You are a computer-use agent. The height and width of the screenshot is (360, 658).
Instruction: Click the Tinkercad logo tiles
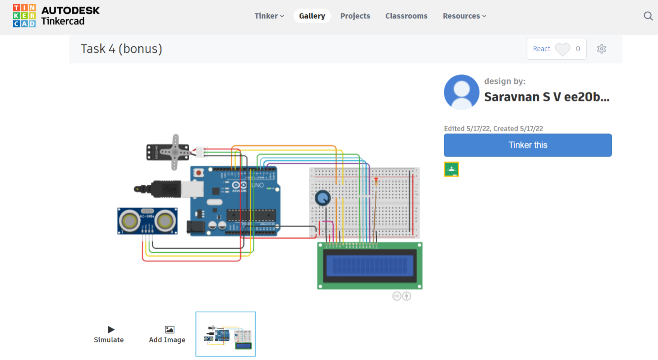point(24,16)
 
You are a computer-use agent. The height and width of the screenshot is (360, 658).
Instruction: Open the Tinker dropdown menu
point(269,16)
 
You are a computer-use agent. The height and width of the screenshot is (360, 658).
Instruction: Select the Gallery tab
point(312,16)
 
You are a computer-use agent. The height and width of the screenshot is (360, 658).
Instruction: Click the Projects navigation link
point(355,16)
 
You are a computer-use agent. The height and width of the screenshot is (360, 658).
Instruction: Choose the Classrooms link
point(406,16)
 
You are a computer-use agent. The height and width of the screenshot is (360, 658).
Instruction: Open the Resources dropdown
point(464,16)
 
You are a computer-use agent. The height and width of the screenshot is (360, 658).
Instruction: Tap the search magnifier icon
point(648,16)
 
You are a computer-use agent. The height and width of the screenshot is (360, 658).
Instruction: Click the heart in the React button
point(562,49)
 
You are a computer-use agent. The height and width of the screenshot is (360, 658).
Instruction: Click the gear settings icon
point(601,49)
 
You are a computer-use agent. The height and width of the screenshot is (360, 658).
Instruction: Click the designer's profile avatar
point(462,92)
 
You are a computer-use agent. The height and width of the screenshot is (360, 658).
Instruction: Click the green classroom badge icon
point(451,169)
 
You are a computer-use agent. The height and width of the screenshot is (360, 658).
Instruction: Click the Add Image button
point(167,334)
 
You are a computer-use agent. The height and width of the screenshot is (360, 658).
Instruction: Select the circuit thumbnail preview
point(226,334)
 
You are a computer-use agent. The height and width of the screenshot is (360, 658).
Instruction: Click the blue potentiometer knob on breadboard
point(322,198)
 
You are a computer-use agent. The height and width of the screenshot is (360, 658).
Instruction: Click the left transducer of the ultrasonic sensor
point(129,221)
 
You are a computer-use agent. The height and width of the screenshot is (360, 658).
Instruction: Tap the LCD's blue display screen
point(370,266)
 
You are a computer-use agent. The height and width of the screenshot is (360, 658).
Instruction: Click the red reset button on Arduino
point(199,173)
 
